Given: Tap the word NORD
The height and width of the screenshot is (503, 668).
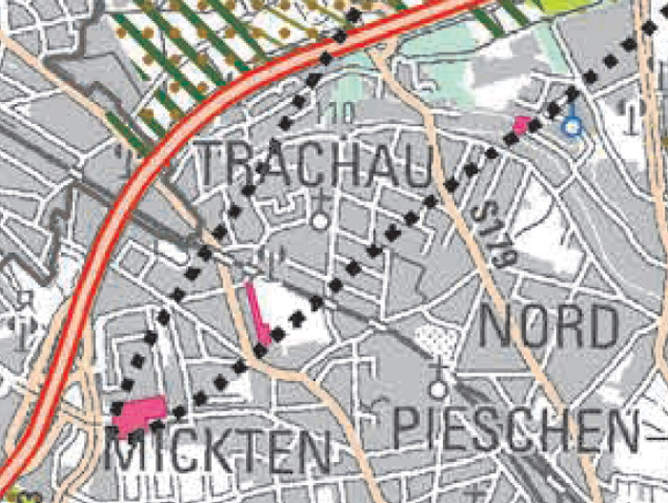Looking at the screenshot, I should [548, 327].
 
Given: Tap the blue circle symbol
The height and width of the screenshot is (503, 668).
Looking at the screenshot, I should [572, 126].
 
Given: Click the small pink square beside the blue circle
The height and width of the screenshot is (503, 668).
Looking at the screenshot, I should [521, 124].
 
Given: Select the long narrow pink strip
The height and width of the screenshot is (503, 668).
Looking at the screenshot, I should [257, 314].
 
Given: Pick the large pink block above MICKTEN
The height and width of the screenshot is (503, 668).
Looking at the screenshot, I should [140, 412].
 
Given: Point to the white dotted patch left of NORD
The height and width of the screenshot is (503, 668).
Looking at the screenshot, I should [438, 338].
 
